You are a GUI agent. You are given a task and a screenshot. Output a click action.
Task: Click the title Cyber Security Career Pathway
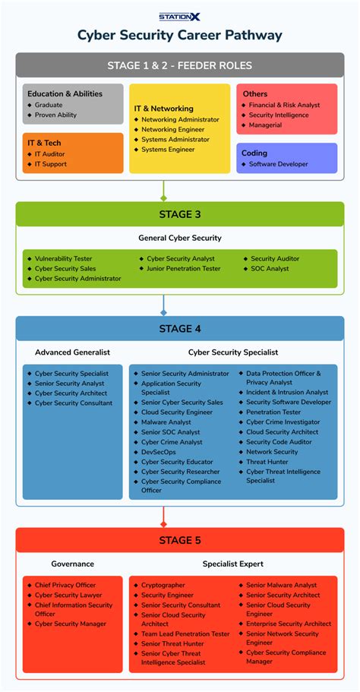pyautogui.click(x=180, y=36)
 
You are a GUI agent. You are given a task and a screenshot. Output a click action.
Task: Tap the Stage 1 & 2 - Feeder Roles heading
pyautogui.click(x=180, y=65)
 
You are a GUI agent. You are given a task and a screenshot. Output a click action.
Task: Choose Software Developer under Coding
pyautogui.click(x=278, y=164)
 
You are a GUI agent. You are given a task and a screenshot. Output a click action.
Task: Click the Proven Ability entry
pyautogui.click(x=55, y=115)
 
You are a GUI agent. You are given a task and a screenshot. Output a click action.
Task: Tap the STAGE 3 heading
pyautogui.click(x=180, y=214)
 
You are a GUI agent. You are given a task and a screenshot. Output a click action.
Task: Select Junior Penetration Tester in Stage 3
pyautogui.click(x=184, y=268)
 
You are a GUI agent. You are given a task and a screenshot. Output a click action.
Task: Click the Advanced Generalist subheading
pyautogui.click(x=72, y=352)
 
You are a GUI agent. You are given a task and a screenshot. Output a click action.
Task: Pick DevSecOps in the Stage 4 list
pyautogui.click(x=159, y=452)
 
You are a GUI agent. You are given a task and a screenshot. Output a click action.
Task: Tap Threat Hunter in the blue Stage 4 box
pyautogui.click(x=267, y=461)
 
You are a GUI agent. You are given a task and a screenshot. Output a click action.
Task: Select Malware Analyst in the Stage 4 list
pyautogui.click(x=166, y=422)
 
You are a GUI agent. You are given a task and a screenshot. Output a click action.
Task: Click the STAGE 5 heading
pyautogui.click(x=180, y=540)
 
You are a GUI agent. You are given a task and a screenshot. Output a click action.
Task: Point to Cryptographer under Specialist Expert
pyautogui.click(x=163, y=586)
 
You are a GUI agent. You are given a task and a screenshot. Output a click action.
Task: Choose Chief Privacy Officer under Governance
pyautogui.click(x=65, y=586)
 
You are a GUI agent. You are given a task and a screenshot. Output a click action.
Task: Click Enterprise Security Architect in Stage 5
pyautogui.click(x=289, y=624)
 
